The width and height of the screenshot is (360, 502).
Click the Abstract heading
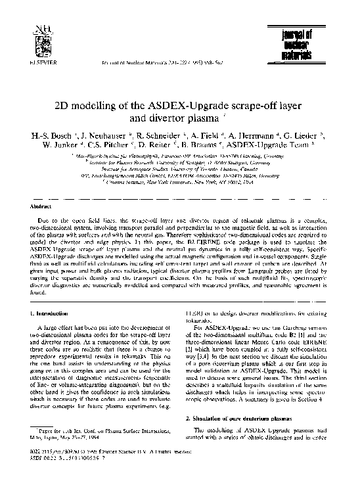(44, 205)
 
